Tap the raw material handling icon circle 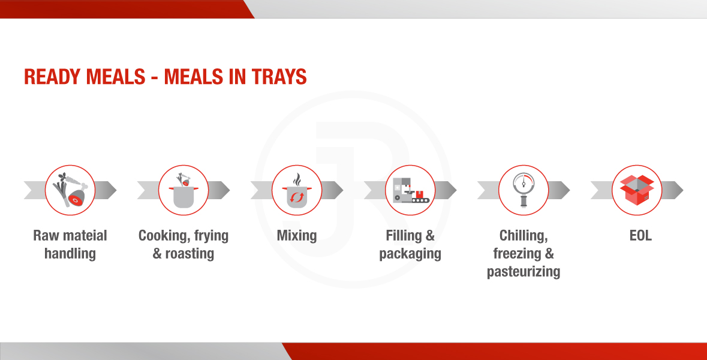click(x=70, y=190)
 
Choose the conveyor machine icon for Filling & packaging click(x=410, y=190)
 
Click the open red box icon click(x=637, y=190)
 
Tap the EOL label click(x=640, y=235)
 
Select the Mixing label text click(x=297, y=236)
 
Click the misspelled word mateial click(x=85, y=235)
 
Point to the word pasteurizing click(x=524, y=272)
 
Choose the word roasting click(x=189, y=254)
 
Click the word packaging click(x=410, y=254)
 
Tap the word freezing click(x=517, y=254)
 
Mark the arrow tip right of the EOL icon click(x=682, y=190)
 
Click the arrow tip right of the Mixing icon click(x=342, y=190)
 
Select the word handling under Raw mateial click(x=70, y=254)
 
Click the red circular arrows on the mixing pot click(x=297, y=197)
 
